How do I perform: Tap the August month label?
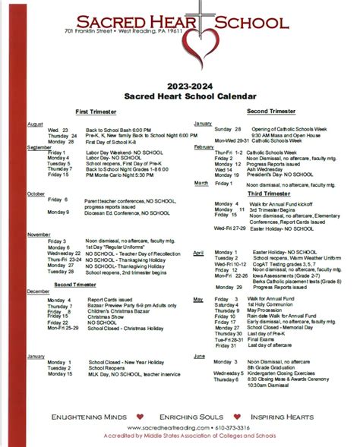tap(35, 123)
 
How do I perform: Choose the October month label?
tap(36, 194)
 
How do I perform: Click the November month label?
tap(39, 235)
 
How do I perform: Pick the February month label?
tap(204, 146)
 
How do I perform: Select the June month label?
tap(200, 355)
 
